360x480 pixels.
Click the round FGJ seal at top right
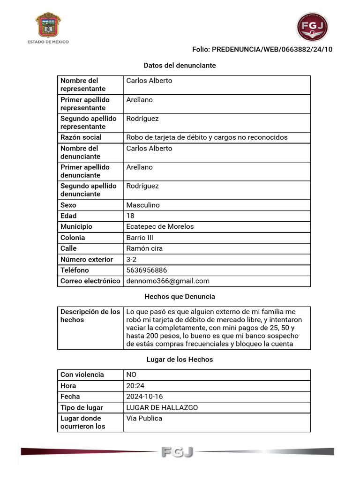pos(312,27)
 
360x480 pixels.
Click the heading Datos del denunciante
pos(180,66)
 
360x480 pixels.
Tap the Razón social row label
pos(81,137)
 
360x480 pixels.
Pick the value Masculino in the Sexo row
pos(143,205)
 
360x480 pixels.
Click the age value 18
pos(130,216)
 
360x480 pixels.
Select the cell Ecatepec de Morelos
pos(160,226)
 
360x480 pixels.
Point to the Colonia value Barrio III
pos(140,237)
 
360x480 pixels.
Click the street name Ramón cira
pos(144,248)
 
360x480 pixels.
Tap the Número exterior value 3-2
pos(131,259)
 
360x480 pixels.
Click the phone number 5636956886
pos(146,270)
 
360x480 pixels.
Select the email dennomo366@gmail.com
pos(168,281)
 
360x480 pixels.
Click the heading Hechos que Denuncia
pos(180,296)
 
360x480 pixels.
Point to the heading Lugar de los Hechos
pos(180,360)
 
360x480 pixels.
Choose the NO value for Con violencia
pos(131,375)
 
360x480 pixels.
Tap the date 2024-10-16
pos(144,397)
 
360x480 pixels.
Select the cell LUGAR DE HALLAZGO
pos(162,407)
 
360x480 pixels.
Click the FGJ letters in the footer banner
pos(177,452)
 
